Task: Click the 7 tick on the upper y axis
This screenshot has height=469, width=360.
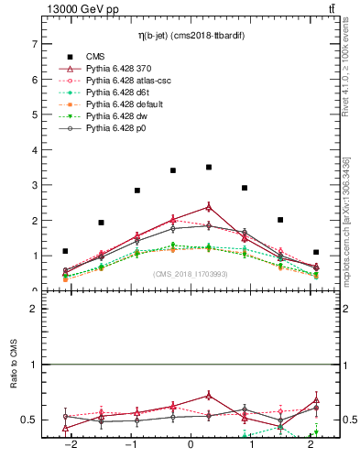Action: pyautogui.click(x=34, y=44)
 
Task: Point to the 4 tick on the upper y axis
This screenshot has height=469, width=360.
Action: pyautogui.click(x=34, y=150)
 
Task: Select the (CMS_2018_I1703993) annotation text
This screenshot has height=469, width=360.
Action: pyautogui.click(x=190, y=274)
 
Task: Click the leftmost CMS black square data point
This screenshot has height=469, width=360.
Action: pyautogui.click(x=65, y=251)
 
